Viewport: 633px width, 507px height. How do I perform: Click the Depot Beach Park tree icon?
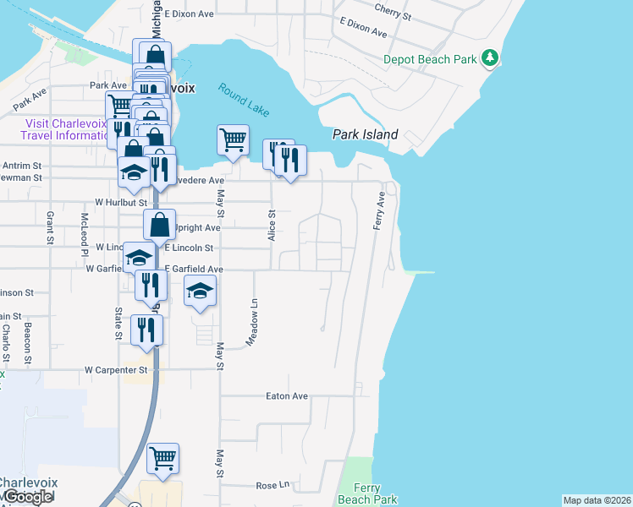(489, 58)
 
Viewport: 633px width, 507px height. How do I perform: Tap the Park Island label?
(365, 134)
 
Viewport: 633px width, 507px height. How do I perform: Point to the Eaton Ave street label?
(287, 395)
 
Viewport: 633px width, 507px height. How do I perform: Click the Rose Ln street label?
(272, 486)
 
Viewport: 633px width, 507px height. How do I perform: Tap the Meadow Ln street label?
(252, 320)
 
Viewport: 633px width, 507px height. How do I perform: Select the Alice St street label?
(272, 226)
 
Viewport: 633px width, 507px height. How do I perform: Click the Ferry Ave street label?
(380, 210)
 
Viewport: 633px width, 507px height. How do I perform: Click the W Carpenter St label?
(116, 370)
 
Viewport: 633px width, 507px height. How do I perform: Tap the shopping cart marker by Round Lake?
(233, 139)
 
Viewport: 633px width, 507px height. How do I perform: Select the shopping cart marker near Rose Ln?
(162, 458)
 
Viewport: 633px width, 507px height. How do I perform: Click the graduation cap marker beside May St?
(199, 292)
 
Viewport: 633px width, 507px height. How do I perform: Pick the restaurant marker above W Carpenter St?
(146, 329)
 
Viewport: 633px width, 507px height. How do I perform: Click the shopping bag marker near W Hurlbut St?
(159, 225)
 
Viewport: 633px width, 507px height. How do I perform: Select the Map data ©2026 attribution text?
(597, 500)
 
